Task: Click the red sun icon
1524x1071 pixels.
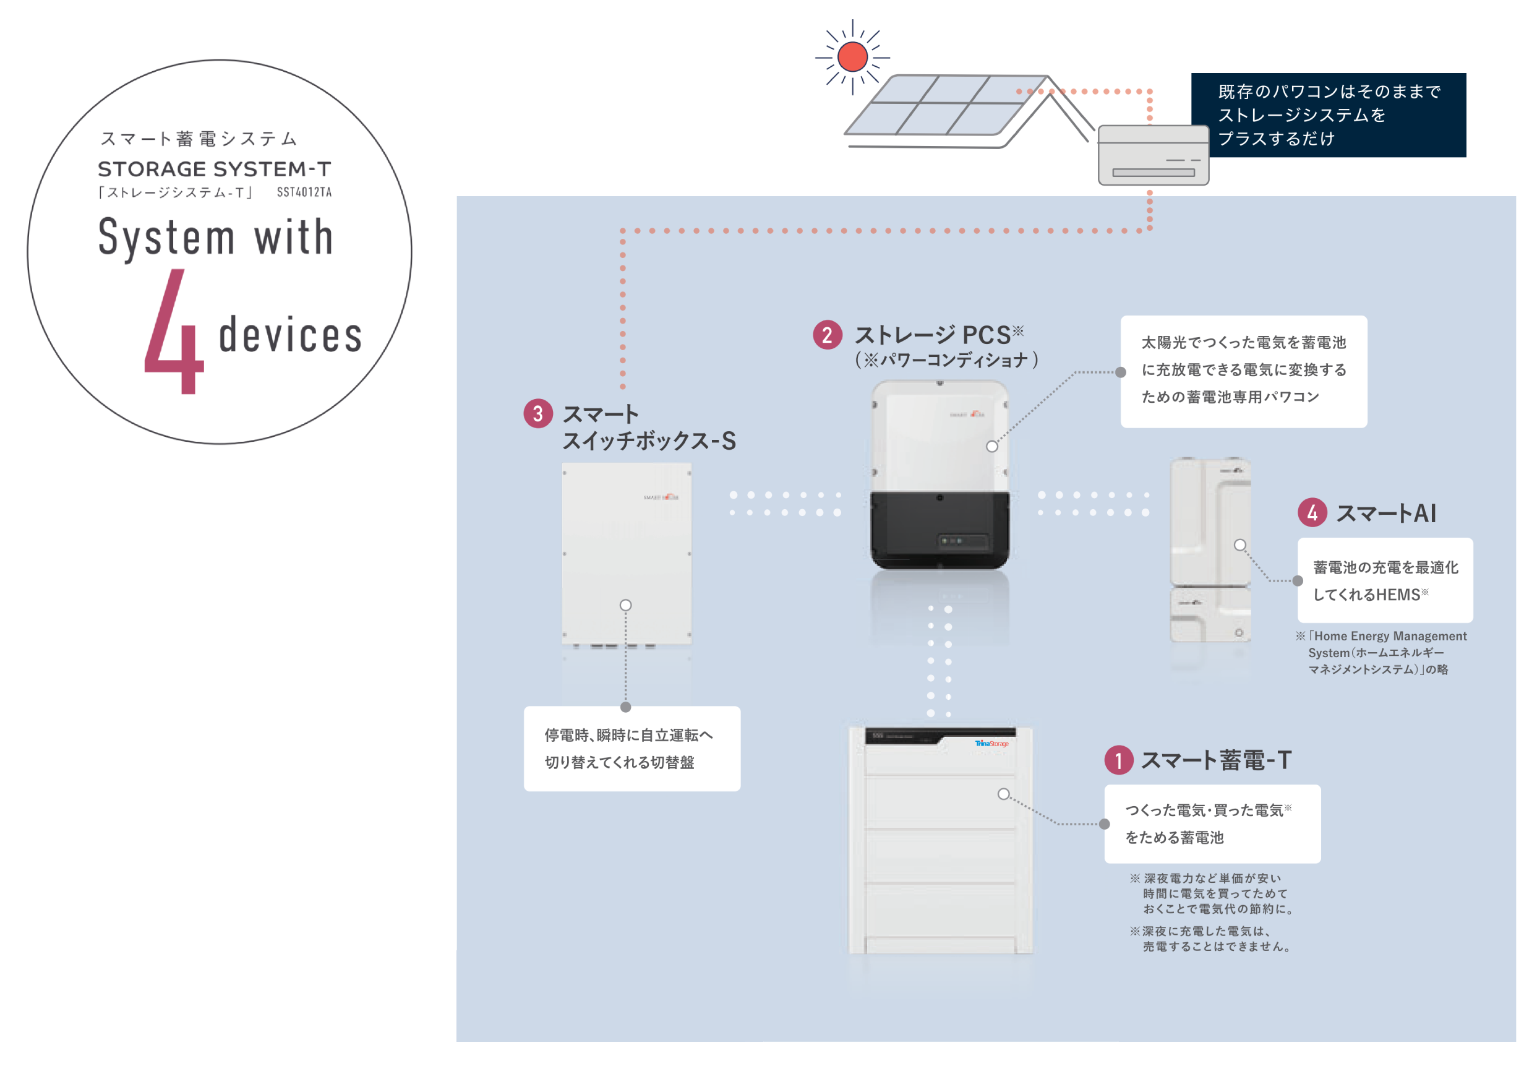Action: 852,56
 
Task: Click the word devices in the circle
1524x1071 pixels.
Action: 290,335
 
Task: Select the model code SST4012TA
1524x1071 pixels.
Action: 304,192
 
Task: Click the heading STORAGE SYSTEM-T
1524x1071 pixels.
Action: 214,170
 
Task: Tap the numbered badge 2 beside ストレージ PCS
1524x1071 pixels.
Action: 827,335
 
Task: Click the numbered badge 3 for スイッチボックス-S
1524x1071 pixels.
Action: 537,414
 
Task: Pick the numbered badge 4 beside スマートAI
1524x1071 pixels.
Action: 1312,512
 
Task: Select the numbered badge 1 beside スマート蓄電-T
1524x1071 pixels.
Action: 1118,760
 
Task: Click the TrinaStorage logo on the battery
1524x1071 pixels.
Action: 991,744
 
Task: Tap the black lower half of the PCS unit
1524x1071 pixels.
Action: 940,531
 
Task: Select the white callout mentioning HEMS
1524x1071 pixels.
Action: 1385,580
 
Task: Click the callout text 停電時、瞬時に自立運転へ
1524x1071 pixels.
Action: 628,735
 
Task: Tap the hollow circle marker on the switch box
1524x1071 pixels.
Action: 625,605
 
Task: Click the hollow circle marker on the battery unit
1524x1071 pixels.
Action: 1003,794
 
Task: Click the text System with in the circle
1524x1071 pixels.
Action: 216,238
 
